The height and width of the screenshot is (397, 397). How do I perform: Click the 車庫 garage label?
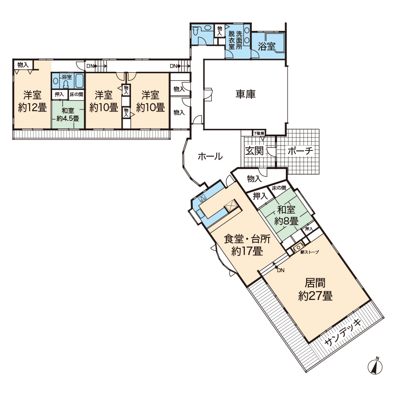click(245, 94)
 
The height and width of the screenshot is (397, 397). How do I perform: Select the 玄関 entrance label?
click(255, 151)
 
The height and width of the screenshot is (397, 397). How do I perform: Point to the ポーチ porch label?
click(300, 151)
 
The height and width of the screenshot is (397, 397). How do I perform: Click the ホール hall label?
click(210, 156)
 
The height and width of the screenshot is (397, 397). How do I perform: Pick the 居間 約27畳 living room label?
click(315, 289)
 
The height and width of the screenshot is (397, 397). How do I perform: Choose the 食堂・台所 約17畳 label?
click(247, 245)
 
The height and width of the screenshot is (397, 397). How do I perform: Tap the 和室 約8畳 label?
click(286, 215)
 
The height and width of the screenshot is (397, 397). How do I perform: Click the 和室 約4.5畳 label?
click(67, 114)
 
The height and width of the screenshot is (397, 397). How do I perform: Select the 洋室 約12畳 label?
click(32, 101)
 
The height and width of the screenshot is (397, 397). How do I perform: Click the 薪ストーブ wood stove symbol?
click(299, 247)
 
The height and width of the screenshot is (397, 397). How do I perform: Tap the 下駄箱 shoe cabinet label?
click(259, 133)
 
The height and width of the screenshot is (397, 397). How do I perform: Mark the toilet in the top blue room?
click(195, 31)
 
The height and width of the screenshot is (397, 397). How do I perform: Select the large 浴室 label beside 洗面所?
click(266, 46)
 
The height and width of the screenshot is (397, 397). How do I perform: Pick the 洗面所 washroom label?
click(239, 40)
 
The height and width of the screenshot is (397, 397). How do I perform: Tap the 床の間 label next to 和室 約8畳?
click(279, 188)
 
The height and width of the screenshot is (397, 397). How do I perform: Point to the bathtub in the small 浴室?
click(79, 81)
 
